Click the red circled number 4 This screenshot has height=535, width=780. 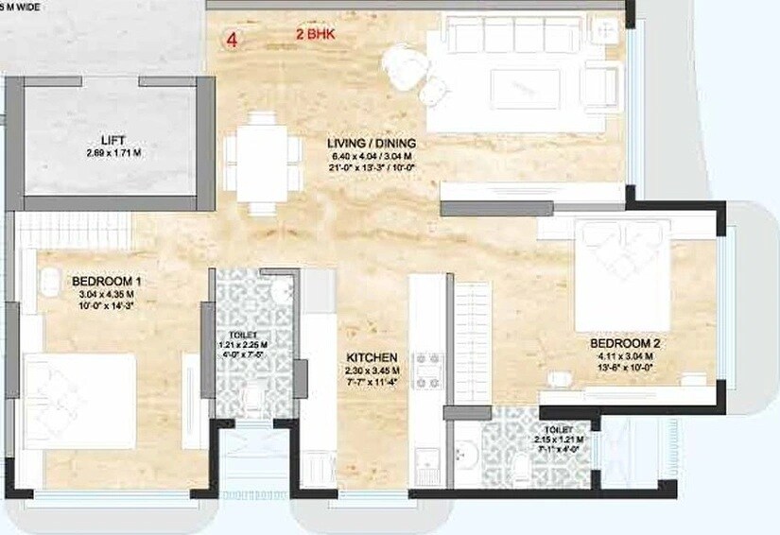tap(230, 41)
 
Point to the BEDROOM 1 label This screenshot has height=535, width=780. tap(106, 281)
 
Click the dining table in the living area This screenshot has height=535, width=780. tap(256, 158)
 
